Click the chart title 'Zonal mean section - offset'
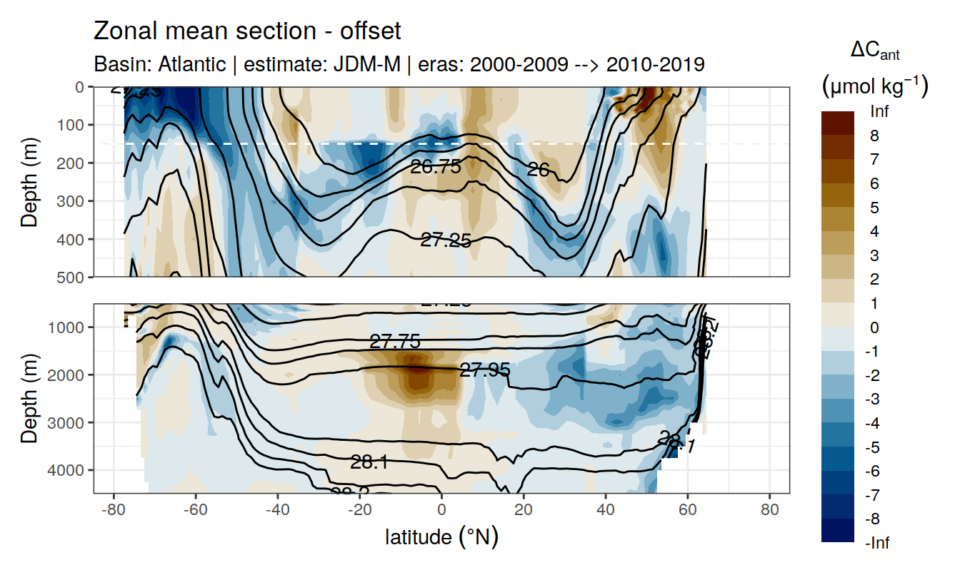pos(247,31)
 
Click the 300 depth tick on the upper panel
pos(71,200)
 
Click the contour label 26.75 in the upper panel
pos(435,167)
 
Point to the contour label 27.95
pos(485,370)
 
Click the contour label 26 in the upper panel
pos(538,169)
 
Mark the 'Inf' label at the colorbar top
pos(880,112)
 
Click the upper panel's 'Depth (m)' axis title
pos(29,181)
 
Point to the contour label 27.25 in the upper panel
pos(445,240)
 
